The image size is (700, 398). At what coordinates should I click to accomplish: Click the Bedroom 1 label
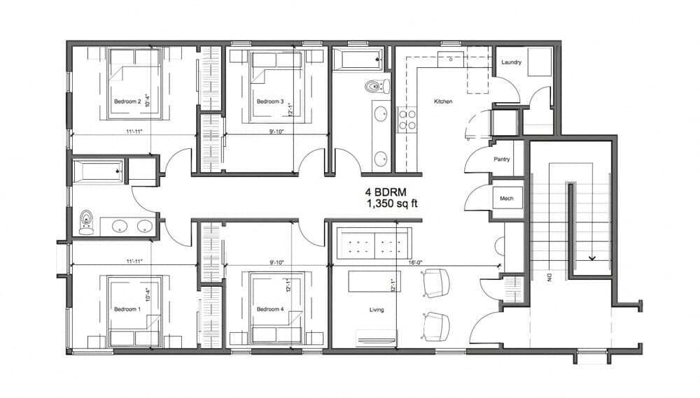point(127,308)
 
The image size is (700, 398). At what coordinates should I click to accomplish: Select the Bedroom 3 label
point(269,101)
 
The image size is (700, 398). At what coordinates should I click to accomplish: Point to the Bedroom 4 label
point(269,309)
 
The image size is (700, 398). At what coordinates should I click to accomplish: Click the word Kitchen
point(443,101)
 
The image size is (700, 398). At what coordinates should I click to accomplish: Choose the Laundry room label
point(511,62)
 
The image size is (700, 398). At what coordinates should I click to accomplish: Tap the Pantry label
point(501,159)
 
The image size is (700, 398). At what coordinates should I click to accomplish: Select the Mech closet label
point(506,199)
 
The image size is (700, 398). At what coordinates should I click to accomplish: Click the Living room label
point(377,308)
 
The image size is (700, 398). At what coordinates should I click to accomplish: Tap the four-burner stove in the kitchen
point(407,120)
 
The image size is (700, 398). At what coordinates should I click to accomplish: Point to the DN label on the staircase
point(549,277)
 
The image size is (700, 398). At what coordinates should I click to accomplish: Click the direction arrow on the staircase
point(592,257)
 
